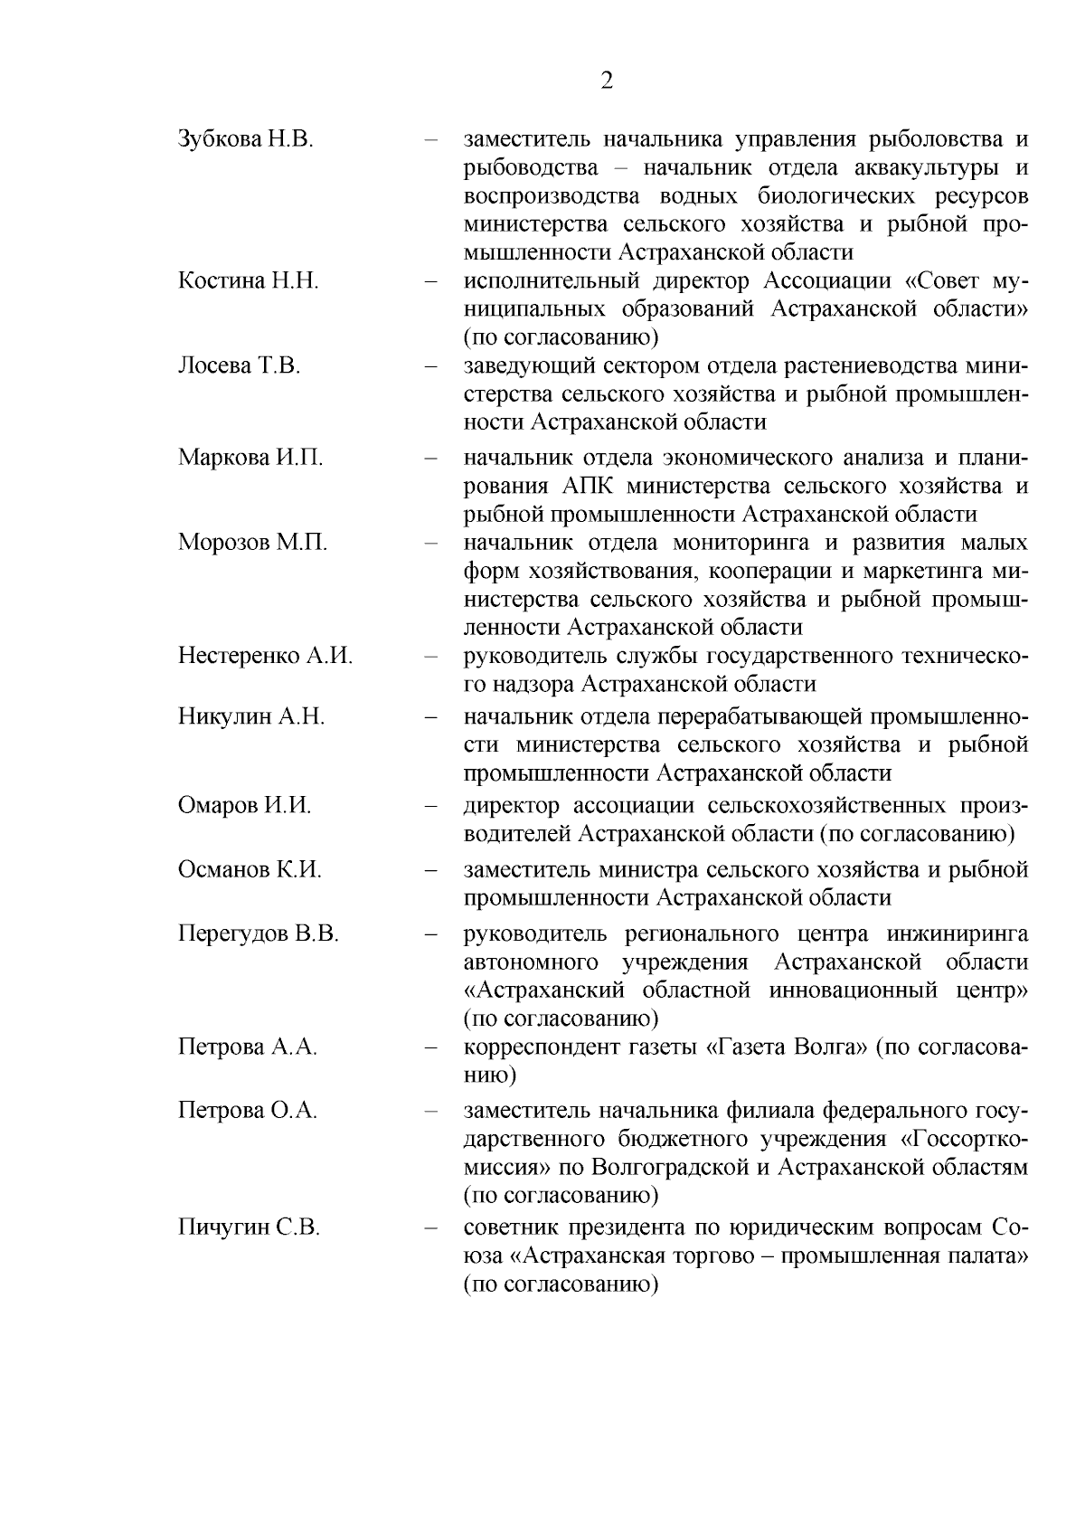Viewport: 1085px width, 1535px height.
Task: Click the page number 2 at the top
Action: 607,81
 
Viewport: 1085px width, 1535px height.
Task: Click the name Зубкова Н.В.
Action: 245,139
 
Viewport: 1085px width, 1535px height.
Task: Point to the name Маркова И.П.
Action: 250,457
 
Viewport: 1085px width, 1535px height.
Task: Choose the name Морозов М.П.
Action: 252,543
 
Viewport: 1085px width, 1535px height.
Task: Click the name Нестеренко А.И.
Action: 265,656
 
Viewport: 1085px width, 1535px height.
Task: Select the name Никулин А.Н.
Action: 251,717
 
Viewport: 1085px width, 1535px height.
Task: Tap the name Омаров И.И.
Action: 244,805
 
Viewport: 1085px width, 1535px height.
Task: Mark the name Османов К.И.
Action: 250,870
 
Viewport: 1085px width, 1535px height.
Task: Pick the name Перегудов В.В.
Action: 258,933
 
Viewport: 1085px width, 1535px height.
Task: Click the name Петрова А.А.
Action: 248,1047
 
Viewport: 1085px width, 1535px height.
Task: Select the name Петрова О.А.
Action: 248,1111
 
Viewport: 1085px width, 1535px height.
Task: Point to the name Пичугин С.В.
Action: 249,1228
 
